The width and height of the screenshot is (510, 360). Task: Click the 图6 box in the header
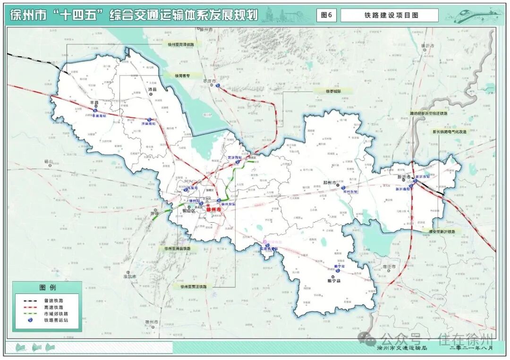[x=326, y=15]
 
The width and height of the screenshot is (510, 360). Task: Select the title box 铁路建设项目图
[x=389, y=15]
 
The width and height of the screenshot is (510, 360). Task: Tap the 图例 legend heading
[x=47, y=287]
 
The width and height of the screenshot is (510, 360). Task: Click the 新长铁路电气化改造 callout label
[x=449, y=132]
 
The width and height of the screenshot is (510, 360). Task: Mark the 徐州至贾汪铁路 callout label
[x=190, y=286]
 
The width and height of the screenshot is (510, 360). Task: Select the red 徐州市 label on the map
[x=213, y=209]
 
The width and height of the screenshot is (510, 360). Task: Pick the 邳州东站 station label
[x=351, y=192]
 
